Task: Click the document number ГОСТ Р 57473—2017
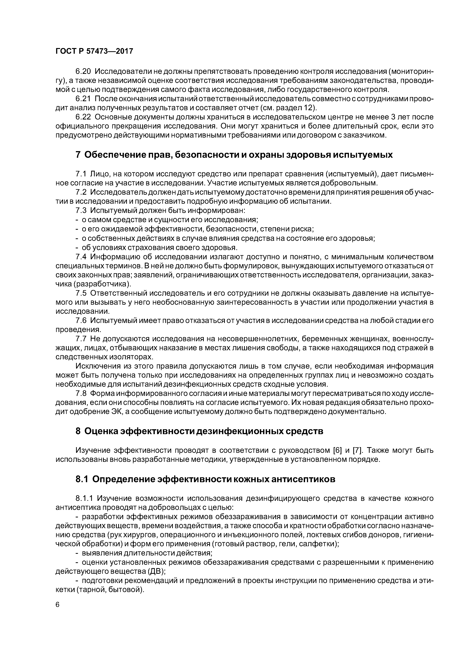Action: [94, 51]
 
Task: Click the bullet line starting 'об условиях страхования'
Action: [159, 248]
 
